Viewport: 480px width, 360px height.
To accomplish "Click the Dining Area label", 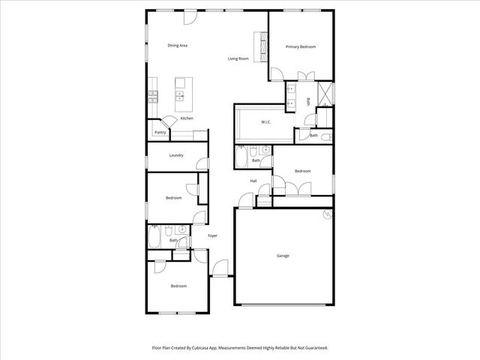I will [x=177, y=46].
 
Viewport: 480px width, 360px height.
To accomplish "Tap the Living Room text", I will [x=238, y=58].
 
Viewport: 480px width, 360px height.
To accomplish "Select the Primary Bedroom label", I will [x=300, y=46].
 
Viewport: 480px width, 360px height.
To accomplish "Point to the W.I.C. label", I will [x=265, y=121].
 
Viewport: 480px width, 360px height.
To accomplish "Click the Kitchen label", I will [x=187, y=118].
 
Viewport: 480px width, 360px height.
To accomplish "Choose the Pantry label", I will [x=160, y=133].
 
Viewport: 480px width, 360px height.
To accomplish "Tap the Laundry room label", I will [x=176, y=155].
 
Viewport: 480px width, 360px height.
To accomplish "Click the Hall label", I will [x=253, y=181].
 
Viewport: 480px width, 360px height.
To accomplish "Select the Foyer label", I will [x=212, y=235].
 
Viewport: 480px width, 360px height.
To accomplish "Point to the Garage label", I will [x=283, y=256].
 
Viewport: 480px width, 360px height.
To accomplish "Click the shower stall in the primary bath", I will [x=326, y=94].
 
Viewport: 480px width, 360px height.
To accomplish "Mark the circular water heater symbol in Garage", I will [x=326, y=215].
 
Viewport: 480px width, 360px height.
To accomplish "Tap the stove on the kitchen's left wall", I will [x=152, y=96].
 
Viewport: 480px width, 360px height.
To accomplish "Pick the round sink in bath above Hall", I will [x=265, y=150].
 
